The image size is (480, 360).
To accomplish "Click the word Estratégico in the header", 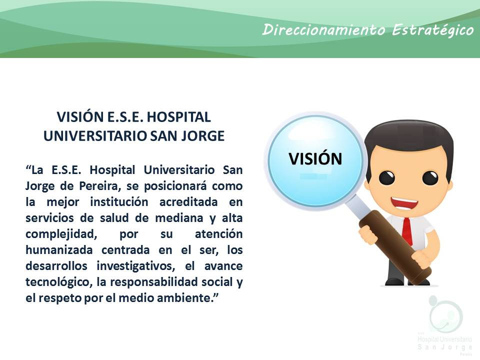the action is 432,30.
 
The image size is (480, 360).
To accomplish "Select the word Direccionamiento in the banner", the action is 323,29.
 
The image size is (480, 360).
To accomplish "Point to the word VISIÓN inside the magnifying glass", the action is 315,158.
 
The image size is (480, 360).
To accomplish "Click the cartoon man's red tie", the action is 407,231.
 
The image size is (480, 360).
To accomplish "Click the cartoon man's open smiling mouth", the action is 404,203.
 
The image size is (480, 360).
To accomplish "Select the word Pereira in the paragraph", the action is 100,186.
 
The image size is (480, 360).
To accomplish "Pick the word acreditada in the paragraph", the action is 188,202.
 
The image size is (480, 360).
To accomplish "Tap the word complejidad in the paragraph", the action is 61,234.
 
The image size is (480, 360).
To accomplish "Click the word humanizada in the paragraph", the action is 59,250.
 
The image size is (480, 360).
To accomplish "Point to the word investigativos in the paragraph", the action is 136,266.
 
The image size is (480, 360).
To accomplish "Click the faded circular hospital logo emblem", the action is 445,314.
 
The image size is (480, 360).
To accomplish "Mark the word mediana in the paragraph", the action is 179,218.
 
